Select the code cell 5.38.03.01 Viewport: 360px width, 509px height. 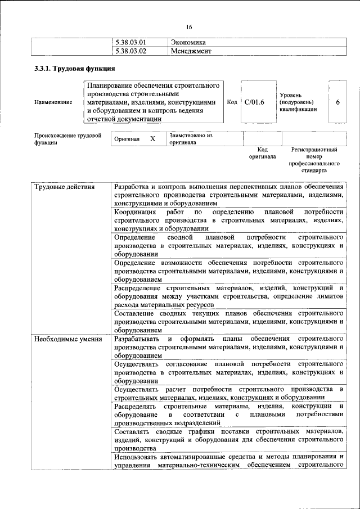[130, 42]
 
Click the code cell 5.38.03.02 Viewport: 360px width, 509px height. [130, 51]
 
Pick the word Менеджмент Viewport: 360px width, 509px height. [191, 51]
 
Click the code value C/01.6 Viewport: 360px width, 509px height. [254, 102]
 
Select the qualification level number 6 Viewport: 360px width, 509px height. [337, 102]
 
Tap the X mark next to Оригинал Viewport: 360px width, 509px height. [152, 138]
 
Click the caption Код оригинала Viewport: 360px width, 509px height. [262, 153]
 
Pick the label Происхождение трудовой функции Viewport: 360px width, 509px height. [67, 139]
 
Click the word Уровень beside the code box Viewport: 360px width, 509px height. [291, 95]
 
